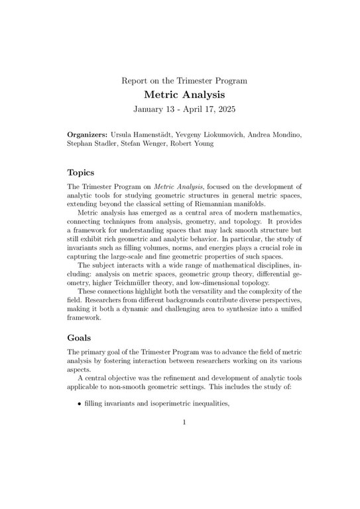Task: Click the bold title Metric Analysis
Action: (184, 95)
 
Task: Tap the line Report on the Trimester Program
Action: (184, 81)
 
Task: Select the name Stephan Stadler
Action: (91, 144)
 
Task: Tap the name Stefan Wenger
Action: (145, 144)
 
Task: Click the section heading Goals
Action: (79, 337)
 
